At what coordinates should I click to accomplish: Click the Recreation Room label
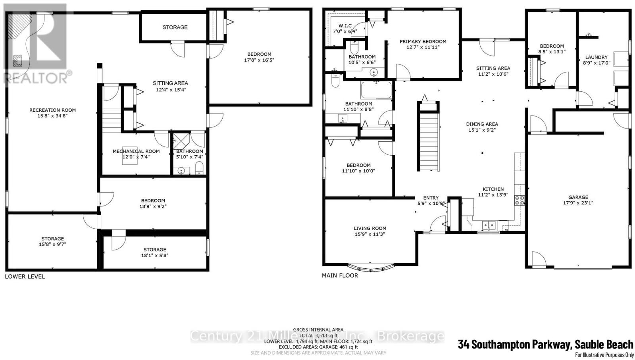[52, 110]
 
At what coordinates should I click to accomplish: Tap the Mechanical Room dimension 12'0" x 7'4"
[136, 157]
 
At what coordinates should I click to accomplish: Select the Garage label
[578, 197]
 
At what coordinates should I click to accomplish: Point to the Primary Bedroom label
[423, 41]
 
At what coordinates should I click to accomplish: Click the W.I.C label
[345, 26]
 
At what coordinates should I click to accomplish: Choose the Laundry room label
[596, 57]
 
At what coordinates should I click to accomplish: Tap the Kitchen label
[493, 189]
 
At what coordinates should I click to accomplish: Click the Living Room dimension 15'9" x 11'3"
[370, 234]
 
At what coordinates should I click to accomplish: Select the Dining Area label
[482, 124]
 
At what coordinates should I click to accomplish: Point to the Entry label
[431, 198]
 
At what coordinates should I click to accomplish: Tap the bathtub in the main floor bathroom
[376, 90]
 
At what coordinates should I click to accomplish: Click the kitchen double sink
[488, 225]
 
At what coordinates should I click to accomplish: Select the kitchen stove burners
[520, 200]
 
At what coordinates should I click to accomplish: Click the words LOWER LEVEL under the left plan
[25, 276]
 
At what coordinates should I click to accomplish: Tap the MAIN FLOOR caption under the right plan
[340, 275]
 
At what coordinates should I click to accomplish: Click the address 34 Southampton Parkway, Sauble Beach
[545, 344]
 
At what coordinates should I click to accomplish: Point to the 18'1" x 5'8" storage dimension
[155, 256]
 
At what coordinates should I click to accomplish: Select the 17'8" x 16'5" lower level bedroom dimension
[259, 60]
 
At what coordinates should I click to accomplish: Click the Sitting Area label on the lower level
[170, 83]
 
